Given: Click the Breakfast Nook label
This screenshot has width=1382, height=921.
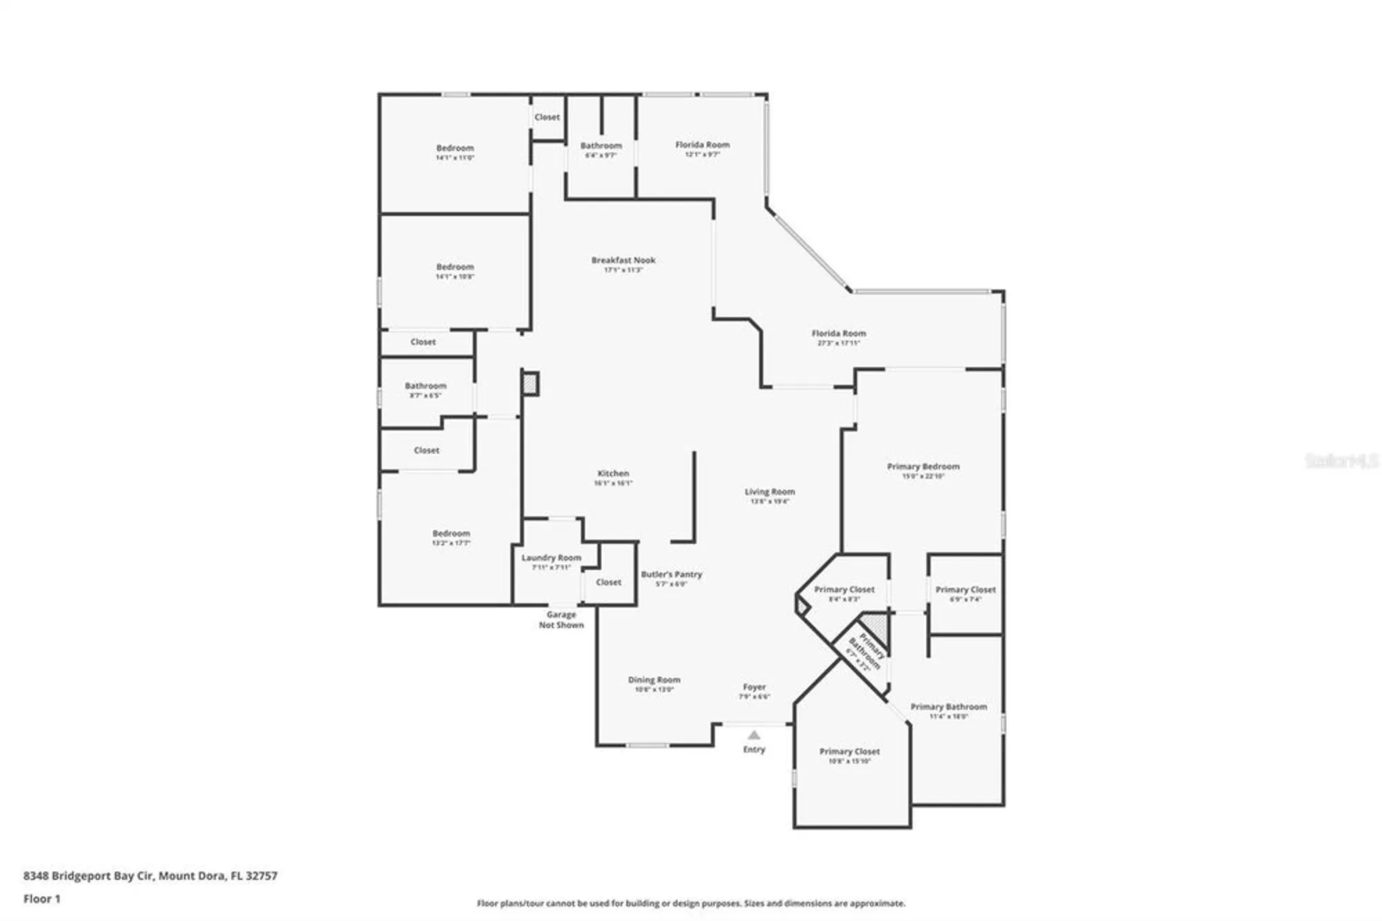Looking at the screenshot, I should click(x=623, y=261).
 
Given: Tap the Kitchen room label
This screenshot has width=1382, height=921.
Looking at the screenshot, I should click(x=613, y=474).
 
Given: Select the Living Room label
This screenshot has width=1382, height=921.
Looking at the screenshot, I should click(x=769, y=492).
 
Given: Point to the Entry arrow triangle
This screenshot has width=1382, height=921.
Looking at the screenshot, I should click(x=754, y=735).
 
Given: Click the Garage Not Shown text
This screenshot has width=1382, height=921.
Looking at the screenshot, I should click(x=561, y=620).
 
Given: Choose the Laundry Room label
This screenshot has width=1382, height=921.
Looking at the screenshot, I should click(x=551, y=558).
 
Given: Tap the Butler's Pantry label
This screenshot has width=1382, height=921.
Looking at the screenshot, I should click(x=671, y=575).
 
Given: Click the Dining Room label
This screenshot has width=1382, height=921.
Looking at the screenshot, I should click(x=654, y=680).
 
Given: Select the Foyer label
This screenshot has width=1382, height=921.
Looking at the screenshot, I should click(x=754, y=687).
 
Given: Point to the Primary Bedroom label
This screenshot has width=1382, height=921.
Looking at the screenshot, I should click(x=922, y=467).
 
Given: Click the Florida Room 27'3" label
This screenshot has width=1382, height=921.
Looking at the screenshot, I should click(x=838, y=334).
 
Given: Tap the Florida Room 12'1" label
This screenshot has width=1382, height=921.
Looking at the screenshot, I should click(x=702, y=145).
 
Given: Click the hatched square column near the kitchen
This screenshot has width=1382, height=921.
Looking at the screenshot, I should click(x=530, y=384).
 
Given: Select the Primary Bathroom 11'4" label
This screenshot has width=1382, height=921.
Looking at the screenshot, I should click(x=948, y=707).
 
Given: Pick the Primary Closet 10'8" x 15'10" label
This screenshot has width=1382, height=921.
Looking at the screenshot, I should click(x=849, y=752).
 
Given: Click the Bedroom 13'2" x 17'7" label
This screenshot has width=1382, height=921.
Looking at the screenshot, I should click(x=451, y=534).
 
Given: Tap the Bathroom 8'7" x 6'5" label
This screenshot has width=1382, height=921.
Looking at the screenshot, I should click(x=425, y=387).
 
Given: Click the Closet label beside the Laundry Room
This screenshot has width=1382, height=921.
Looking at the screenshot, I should click(x=608, y=582).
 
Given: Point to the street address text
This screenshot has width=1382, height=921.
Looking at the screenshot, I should click(x=150, y=875).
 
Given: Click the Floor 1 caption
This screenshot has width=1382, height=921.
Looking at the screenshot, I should click(x=41, y=899).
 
